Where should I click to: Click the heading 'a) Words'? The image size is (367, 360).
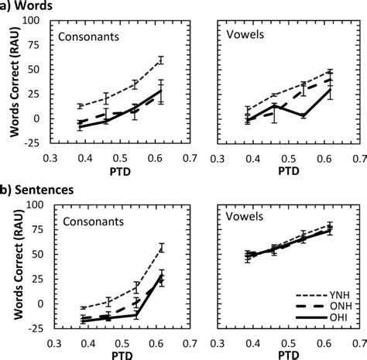pos(29,7)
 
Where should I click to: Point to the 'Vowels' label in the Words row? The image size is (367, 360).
pos(243,36)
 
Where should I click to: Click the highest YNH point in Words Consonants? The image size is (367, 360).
pos(161,60)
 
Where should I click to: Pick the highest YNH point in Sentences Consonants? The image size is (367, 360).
pos(162,247)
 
